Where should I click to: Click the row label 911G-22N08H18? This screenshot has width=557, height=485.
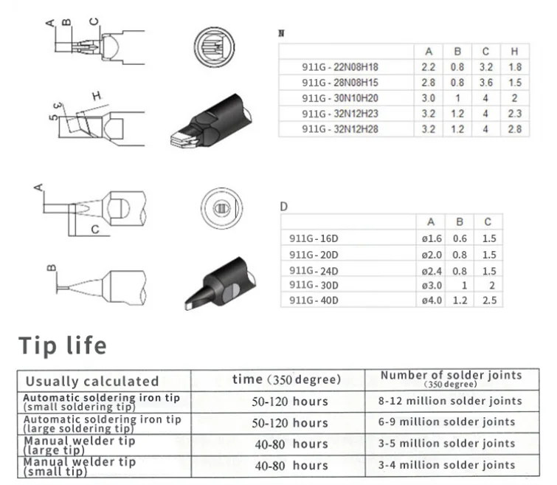pos(340,67)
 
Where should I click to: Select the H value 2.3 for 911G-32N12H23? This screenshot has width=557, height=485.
pos(514,114)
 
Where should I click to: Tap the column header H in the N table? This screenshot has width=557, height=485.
pos(514,52)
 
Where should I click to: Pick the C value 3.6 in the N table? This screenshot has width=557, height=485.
pos(485,83)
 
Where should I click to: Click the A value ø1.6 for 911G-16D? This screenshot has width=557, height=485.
pos(432,238)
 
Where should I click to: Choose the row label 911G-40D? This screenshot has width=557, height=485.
pos(314,300)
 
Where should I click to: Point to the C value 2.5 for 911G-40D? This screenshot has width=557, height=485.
pos(489,300)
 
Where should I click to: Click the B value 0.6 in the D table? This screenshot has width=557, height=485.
pos(460,238)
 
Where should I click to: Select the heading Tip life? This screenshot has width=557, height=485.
pos(63,346)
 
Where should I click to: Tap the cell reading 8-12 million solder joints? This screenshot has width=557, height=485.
pos(450,401)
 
